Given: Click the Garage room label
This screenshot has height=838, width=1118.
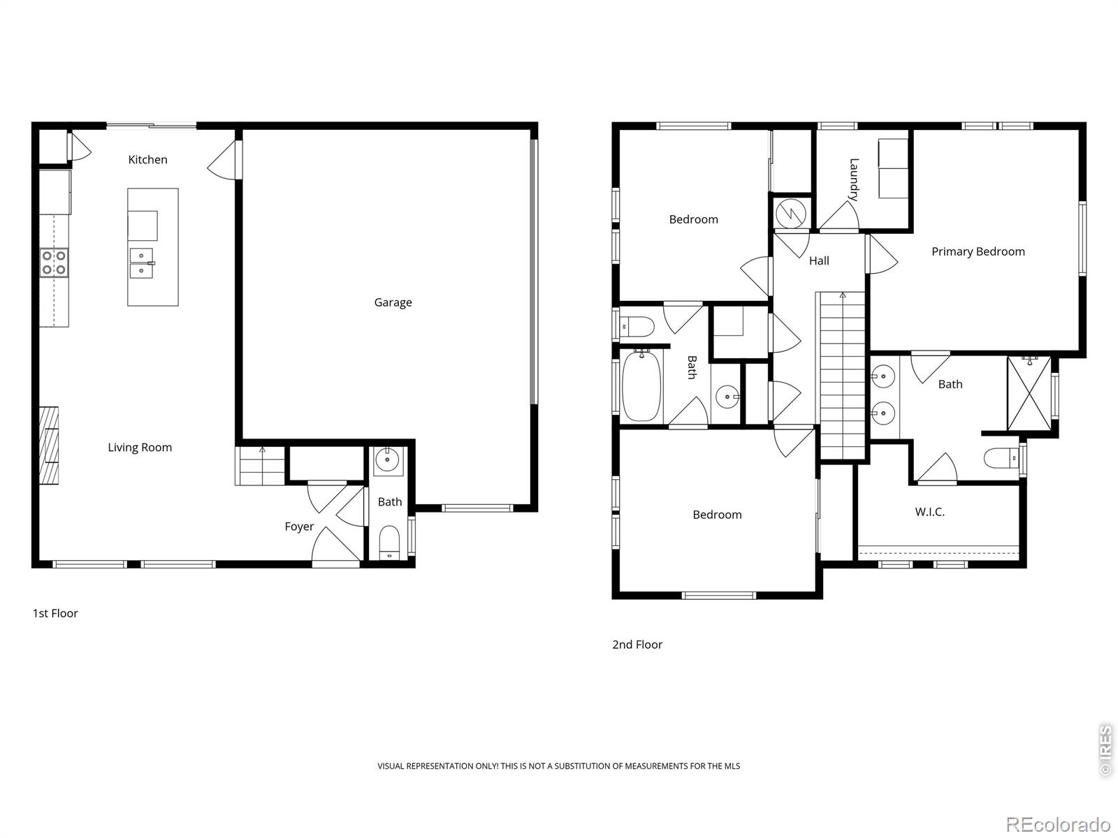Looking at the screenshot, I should (393, 302).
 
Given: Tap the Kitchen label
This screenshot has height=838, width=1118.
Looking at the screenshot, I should (147, 160).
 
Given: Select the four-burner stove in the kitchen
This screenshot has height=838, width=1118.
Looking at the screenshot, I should (54, 263).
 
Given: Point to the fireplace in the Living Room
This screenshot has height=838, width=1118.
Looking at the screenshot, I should (48, 446).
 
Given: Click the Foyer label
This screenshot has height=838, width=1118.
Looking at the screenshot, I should (299, 527).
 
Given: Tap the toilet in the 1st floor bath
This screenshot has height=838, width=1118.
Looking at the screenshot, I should (389, 543).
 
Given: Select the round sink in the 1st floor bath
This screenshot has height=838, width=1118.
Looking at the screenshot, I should (386, 461).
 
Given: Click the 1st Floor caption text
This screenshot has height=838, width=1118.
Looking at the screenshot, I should (55, 613).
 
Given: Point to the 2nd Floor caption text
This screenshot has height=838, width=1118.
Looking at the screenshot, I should (637, 645).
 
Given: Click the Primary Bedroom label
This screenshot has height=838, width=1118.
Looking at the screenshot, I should (978, 251).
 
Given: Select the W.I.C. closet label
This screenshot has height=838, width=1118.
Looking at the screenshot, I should (929, 512).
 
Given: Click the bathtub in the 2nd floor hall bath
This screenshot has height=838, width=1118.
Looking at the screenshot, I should (641, 386).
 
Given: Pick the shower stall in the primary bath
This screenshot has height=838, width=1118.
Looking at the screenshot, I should (1029, 393).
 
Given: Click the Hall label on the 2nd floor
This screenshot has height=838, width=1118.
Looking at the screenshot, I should (819, 260).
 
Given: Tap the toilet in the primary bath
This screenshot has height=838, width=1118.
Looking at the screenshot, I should (1001, 459).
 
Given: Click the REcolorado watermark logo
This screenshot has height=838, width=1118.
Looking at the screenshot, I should (1057, 824).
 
